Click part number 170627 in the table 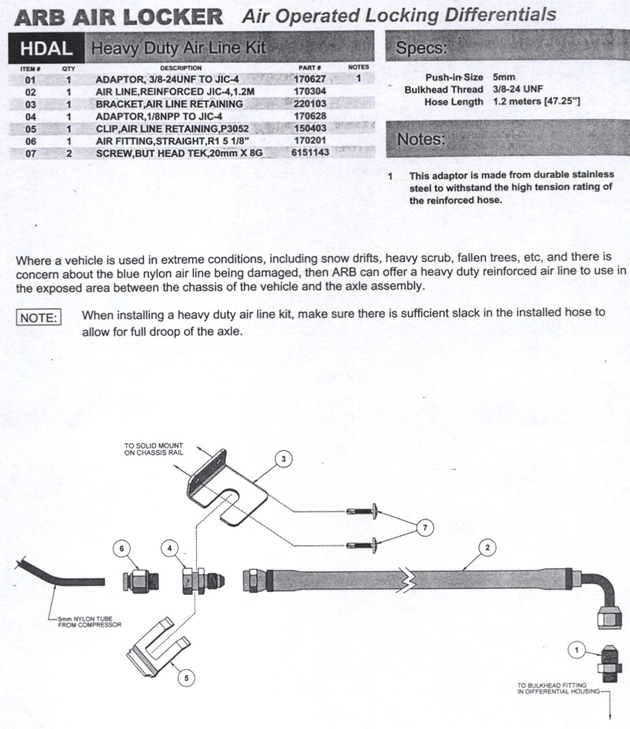(309, 79)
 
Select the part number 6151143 (310, 152)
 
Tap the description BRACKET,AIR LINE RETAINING (169, 104)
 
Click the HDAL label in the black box (46, 49)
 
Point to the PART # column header (309, 68)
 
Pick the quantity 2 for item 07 (69, 154)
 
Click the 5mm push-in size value (504, 77)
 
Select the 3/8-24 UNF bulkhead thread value (518, 89)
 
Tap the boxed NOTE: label (39, 318)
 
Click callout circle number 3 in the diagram (283, 459)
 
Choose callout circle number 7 (425, 528)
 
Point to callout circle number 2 (487, 547)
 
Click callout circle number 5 (187, 678)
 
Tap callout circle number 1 (576, 649)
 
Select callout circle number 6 (122, 549)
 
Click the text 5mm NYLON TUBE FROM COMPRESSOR (89, 622)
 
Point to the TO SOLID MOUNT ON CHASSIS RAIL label (154, 448)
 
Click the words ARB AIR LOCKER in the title (118, 17)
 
